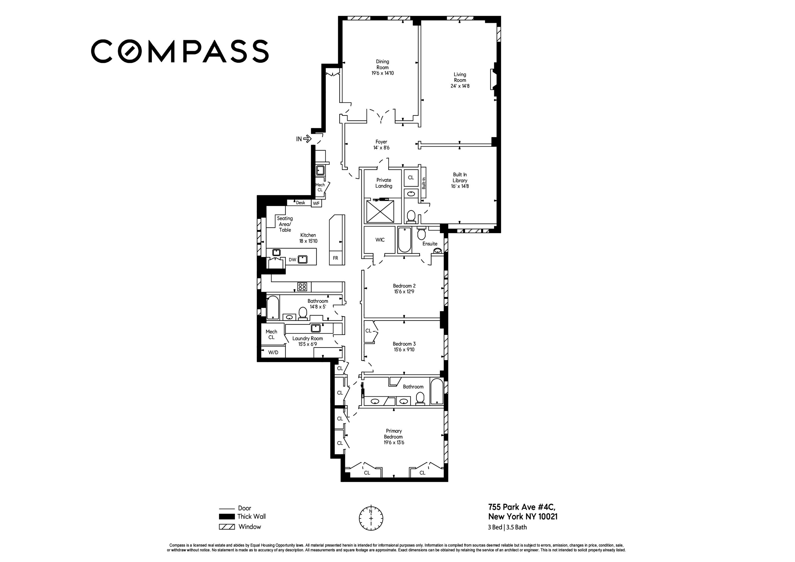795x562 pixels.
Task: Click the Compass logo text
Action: [180, 51]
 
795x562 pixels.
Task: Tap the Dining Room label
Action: [382, 64]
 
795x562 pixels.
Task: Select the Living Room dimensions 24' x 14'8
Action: [460, 86]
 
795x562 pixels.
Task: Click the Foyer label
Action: [381, 141]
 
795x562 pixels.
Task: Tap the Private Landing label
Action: [384, 183]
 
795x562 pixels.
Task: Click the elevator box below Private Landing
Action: [380, 211]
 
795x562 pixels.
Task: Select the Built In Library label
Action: [460, 177]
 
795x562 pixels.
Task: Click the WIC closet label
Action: [380, 240]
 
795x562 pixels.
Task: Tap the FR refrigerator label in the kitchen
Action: [335, 258]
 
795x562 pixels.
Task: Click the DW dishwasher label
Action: [292, 259]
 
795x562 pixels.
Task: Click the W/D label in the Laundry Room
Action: [273, 352]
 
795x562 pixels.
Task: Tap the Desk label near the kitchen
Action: [300, 203]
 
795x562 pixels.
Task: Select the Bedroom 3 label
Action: [404, 344]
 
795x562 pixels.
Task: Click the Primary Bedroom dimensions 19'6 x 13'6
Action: [394, 442]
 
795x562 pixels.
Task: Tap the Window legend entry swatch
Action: [227, 527]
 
